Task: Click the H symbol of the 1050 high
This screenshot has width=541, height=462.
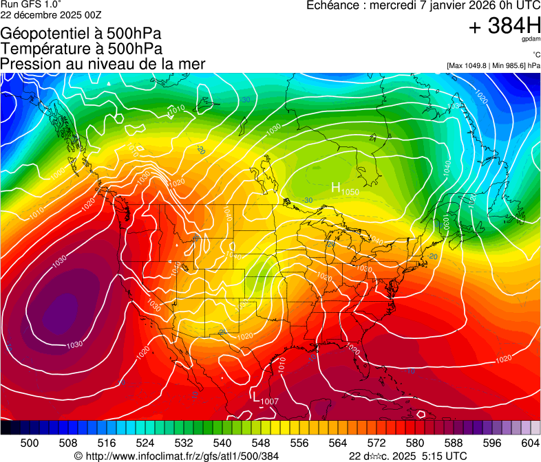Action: pos(337,187)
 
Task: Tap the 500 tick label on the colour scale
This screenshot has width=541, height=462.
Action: pos(30,442)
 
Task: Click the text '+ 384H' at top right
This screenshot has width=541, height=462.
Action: pos(505,26)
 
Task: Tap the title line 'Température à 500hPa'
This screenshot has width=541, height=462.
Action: pos(81,48)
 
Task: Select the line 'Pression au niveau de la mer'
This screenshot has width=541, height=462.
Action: pos(103,64)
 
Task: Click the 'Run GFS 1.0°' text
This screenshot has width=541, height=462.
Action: pos(31,4)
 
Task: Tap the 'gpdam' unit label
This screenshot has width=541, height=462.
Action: pos(531,40)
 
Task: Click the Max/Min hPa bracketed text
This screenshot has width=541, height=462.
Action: pos(493,65)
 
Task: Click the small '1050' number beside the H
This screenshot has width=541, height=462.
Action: pos(350,192)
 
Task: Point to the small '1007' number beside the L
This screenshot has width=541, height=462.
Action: pos(269,401)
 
